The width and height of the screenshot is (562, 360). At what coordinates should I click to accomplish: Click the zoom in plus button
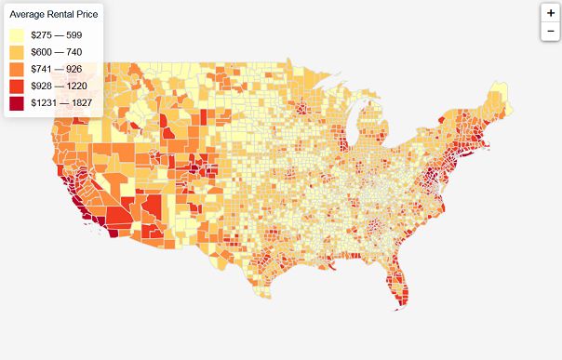pyautogui.click(x=550, y=14)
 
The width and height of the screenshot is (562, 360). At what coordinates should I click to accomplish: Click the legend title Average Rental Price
pyautogui.click(x=53, y=14)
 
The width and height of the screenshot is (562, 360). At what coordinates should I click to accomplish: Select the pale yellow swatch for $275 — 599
pyautogui.click(x=18, y=34)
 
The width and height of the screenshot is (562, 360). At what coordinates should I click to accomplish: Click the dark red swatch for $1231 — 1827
pyautogui.click(x=18, y=103)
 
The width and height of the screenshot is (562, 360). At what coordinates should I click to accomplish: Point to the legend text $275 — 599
pyautogui.click(x=56, y=34)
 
